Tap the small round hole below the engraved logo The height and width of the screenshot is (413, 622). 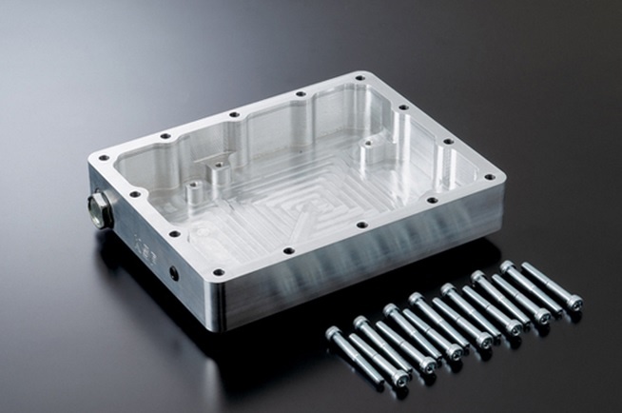coord(173,272)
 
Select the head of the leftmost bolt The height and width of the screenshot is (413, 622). coord(334,333)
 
